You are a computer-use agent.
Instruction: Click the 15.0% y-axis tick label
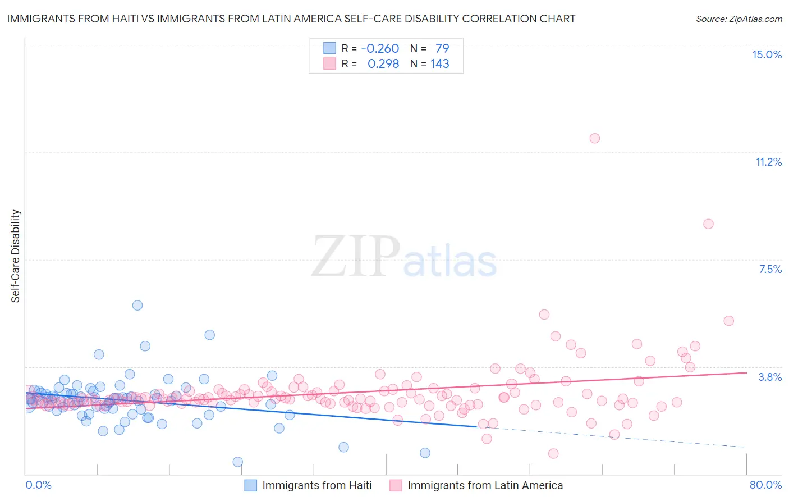[x=767, y=54]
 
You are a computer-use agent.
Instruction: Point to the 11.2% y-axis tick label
[x=768, y=162]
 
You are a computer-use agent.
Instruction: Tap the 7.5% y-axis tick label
[x=770, y=269]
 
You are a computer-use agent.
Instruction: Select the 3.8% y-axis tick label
[x=770, y=377]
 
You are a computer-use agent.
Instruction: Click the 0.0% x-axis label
[x=38, y=485]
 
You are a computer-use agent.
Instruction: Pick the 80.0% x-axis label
[x=765, y=485]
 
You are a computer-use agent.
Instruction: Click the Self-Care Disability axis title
[x=16, y=256]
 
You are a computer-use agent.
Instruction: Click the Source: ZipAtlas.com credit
[x=738, y=19]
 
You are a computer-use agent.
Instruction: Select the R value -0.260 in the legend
[x=380, y=48]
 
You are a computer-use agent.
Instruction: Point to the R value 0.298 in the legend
[x=383, y=64]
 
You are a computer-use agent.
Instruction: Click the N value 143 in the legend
[x=440, y=64]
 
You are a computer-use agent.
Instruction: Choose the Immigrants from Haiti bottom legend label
[x=316, y=485]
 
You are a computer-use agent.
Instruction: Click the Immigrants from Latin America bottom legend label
[x=485, y=485]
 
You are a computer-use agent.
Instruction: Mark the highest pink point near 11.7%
[x=595, y=138]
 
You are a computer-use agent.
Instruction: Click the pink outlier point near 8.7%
[x=708, y=224]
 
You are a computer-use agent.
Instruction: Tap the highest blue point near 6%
[x=137, y=306]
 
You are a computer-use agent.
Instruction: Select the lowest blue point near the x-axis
[x=237, y=462]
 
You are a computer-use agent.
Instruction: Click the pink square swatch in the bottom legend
[x=396, y=485]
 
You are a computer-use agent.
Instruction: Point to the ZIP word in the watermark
[x=356, y=256]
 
